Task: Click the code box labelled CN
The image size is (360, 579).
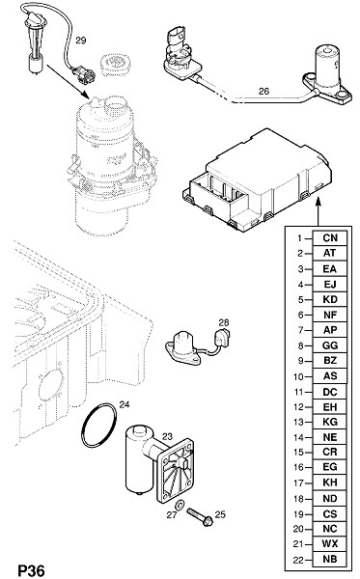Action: [x=330, y=238]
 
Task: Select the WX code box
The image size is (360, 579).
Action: [x=330, y=544]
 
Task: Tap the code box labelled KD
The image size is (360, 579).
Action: [x=330, y=299]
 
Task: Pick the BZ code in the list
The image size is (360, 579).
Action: [x=330, y=360]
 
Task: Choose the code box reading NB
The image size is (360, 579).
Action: [x=330, y=559]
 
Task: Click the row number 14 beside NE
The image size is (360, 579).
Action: [x=298, y=437]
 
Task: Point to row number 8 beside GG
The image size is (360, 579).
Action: [x=300, y=346]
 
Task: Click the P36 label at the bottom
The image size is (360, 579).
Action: [x=32, y=570]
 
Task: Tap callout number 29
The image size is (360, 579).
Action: [x=81, y=41]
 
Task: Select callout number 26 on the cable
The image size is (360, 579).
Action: [x=264, y=92]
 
